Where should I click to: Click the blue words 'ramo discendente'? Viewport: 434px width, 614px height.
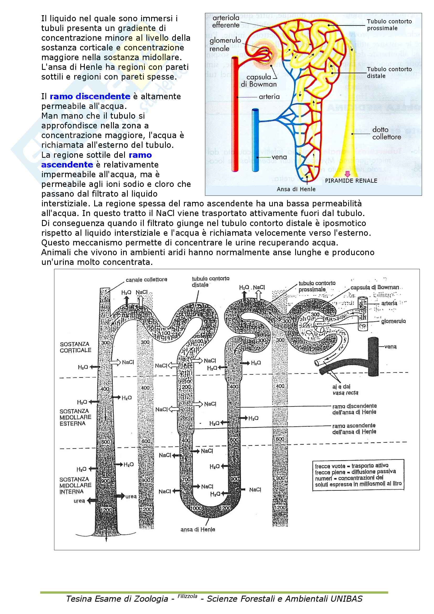pyautogui.click(x=90, y=97)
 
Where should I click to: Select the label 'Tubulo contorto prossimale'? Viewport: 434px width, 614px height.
pyautogui.click(x=389, y=25)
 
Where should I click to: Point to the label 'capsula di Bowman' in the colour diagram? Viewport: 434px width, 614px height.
pyautogui.click(x=258, y=81)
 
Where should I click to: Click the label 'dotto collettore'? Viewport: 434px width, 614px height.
pyautogui.click(x=387, y=133)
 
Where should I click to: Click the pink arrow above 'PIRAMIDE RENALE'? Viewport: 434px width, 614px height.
pyautogui.click(x=347, y=174)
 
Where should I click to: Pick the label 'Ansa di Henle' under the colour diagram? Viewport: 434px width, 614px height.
pyautogui.click(x=296, y=189)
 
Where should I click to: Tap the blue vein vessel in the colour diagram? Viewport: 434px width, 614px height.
pyautogui.click(x=256, y=139)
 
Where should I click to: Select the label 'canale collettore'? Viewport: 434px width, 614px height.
pyautogui.click(x=146, y=280)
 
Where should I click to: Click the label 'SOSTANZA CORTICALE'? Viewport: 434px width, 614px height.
pyautogui.click(x=75, y=347)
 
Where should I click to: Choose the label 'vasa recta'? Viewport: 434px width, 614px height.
pyautogui.click(x=345, y=393)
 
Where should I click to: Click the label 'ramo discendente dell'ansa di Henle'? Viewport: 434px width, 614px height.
pyautogui.click(x=354, y=409)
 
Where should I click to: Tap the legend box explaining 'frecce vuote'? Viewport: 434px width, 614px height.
pyautogui.click(x=358, y=475)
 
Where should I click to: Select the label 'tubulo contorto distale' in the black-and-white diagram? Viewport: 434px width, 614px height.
pyautogui.click(x=210, y=282)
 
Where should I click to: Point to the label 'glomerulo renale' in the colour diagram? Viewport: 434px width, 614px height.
pyautogui.click(x=225, y=45)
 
